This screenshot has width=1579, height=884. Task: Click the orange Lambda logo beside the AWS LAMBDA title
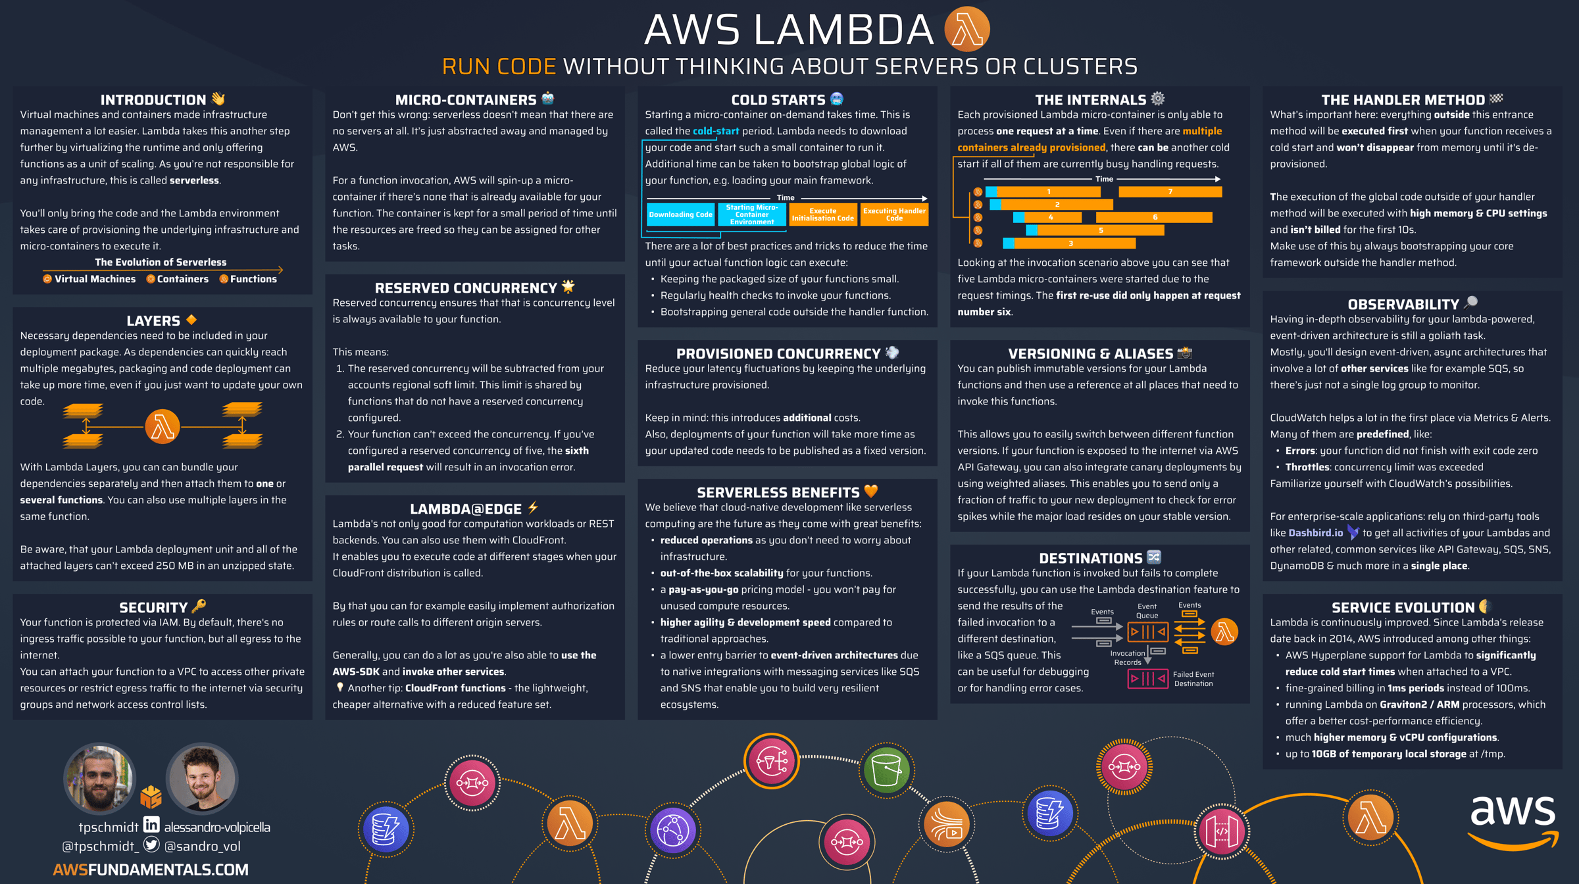pos(966,30)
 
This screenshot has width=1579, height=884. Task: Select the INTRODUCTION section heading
pos(153,100)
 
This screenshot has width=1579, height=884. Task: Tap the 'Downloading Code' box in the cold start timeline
pos(680,215)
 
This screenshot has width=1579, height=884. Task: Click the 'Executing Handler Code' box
pos(894,215)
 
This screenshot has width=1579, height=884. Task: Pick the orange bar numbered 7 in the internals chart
pos(1170,192)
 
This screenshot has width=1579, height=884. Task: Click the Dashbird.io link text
pos(1315,533)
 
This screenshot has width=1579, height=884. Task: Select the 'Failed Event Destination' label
pos(1193,679)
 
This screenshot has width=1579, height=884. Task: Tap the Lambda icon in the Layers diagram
pos(163,427)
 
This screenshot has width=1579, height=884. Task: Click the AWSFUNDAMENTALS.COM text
pos(151,870)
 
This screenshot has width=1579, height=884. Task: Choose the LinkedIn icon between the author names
pos(151,824)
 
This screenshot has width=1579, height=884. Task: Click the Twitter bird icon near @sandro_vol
pos(151,845)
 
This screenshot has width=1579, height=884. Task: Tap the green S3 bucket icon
pos(886,770)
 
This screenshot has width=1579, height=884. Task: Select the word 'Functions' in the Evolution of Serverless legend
pos(253,279)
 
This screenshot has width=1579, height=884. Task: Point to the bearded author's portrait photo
pos(99,779)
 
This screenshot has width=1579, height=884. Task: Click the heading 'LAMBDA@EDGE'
pos(466,509)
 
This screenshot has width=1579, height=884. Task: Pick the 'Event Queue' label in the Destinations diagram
pos(1147,611)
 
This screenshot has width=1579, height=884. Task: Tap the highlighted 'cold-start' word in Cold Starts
pos(716,131)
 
